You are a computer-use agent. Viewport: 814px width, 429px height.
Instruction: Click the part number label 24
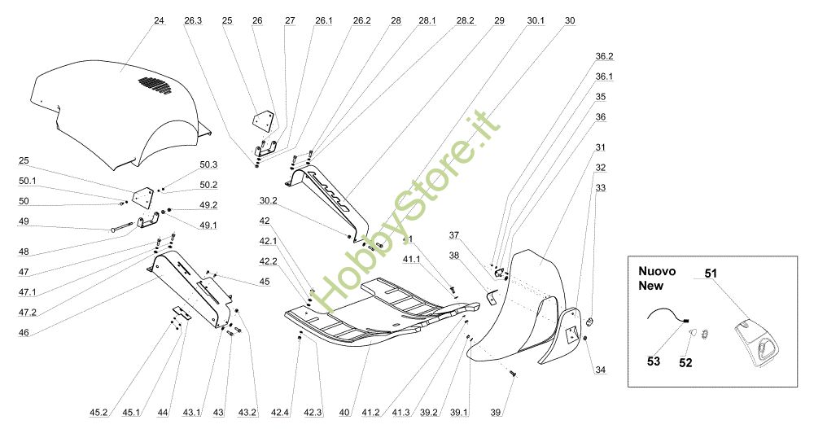[158, 20]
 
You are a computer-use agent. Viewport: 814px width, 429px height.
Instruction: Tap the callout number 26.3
[193, 20]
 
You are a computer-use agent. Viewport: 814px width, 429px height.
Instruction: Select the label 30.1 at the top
[535, 20]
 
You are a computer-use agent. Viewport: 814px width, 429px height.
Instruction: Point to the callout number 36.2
[604, 57]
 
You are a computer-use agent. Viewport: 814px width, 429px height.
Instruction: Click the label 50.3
[209, 164]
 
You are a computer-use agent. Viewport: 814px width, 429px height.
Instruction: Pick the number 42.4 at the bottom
[280, 414]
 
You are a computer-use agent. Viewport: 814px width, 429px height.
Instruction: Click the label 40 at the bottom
[345, 414]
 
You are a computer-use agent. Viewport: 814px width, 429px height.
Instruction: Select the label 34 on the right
[600, 370]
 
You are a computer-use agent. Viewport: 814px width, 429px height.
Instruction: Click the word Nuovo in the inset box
[657, 270]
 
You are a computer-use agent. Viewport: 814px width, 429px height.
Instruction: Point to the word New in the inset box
[650, 286]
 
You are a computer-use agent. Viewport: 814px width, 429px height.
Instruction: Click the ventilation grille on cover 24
[155, 84]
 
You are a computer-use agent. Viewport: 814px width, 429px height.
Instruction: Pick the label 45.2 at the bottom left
[98, 414]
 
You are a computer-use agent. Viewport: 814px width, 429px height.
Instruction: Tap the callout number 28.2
[466, 20]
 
